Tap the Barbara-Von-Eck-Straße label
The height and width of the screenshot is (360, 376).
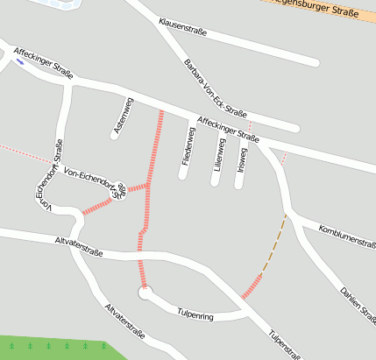(215, 88)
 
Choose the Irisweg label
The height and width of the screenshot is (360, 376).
(242, 159)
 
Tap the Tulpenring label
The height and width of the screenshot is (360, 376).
(195, 312)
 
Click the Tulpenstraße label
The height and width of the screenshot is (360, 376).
(286, 345)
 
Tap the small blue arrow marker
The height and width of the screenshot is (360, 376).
(19, 62)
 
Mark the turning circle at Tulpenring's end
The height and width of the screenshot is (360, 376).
(145, 292)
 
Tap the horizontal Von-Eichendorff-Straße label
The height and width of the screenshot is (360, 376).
(92, 178)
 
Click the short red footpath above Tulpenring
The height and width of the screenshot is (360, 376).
(252, 286)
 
